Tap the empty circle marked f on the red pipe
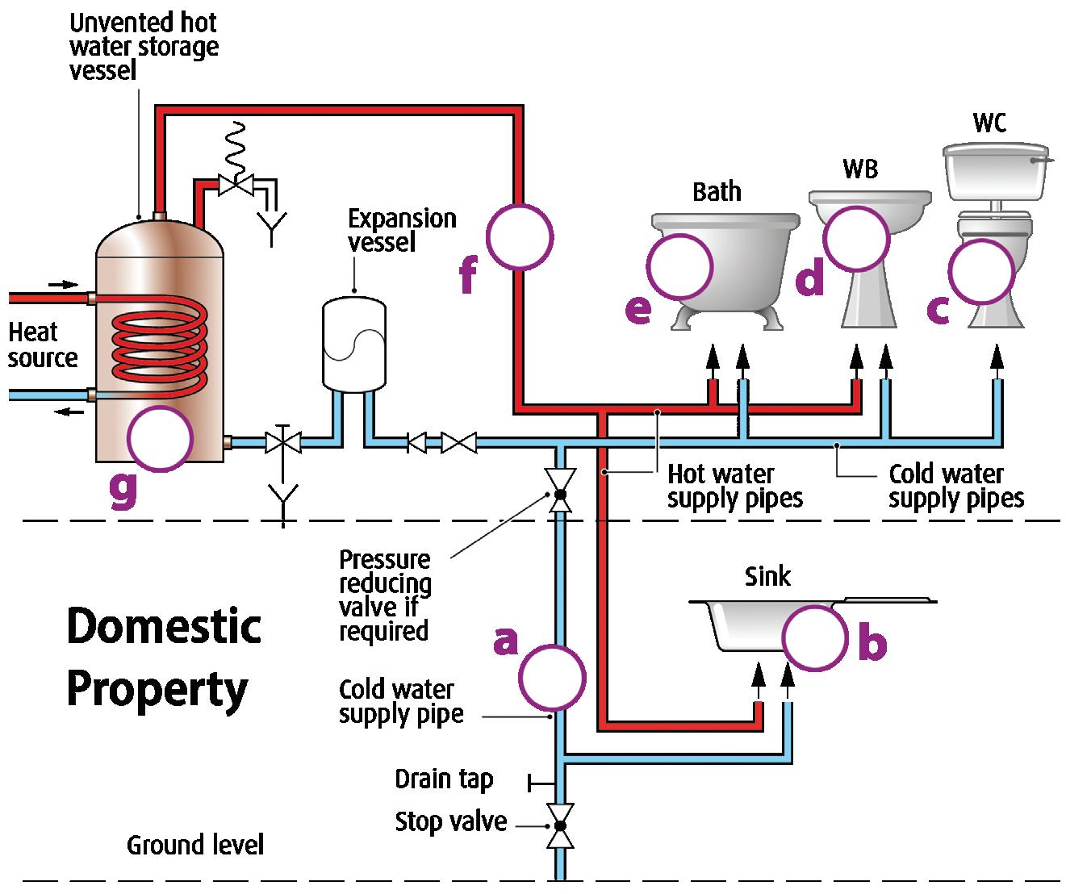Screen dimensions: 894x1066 (520, 236)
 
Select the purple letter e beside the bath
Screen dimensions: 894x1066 (638, 308)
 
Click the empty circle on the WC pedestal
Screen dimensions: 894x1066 (980, 273)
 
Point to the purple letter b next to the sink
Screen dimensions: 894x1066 (872, 643)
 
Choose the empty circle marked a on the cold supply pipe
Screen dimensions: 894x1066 (551, 677)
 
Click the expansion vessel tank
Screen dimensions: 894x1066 (353, 343)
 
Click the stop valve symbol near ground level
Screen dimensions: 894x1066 (559, 825)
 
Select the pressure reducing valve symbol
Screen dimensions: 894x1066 (559, 491)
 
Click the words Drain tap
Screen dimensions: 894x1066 (443, 779)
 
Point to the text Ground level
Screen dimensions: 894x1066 (195, 845)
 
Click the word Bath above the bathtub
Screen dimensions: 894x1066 (717, 192)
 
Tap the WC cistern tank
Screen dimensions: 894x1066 (996, 173)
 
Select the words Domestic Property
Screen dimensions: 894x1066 (164, 658)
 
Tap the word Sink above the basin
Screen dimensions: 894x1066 (767, 576)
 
